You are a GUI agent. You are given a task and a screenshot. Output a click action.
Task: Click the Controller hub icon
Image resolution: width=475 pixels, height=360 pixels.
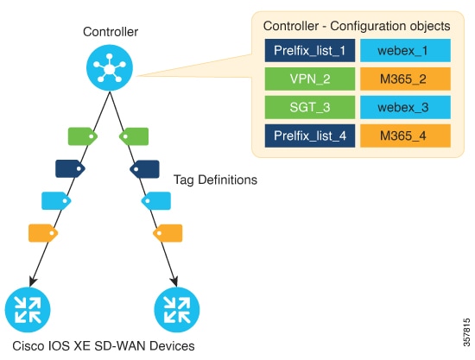pyautogui.click(x=110, y=67)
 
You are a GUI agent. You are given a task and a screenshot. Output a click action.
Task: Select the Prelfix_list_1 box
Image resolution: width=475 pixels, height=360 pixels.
pyautogui.click(x=310, y=50)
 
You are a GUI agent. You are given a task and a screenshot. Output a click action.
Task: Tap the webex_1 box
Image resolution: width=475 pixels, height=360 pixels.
pyautogui.click(x=405, y=50)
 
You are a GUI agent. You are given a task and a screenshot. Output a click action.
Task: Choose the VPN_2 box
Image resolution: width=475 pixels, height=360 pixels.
pyautogui.click(x=310, y=79)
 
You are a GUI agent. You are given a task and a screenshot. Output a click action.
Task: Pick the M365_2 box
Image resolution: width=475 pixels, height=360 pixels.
pyautogui.click(x=405, y=79)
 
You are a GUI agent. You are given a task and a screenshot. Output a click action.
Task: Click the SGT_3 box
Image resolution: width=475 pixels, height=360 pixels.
pyautogui.click(x=310, y=107)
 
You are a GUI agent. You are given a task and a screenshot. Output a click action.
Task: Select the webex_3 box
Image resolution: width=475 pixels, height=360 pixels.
pyautogui.click(x=405, y=107)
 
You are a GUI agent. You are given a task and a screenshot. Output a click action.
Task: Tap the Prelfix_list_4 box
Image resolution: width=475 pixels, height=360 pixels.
pyautogui.click(x=310, y=136)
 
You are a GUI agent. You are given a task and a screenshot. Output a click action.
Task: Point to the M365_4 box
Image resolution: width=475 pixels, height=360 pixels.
pyautogui.click(x=405, y=136)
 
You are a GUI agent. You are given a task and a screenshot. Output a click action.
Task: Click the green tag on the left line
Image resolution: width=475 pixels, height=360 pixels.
pyautogui.click(x=83, y=136)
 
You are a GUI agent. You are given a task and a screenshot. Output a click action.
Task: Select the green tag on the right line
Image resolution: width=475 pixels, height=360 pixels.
pyautogui.click(x=134, y=136)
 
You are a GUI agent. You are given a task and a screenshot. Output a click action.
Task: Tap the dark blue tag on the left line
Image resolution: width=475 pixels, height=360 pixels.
pyautogui.click(x=70, y=168)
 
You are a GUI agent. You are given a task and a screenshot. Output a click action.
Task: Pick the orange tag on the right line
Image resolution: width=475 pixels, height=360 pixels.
pyautogui.click(x=168, y=233)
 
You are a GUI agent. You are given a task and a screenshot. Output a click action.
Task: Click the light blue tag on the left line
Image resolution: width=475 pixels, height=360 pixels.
pyautogui.click(x=56, y=201)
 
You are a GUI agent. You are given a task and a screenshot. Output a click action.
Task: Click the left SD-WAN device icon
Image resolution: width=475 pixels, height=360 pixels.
pyautogui.click(x=28, y=310)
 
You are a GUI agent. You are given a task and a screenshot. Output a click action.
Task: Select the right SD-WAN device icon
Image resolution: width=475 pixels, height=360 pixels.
pyautogui.click(x=177, y=310)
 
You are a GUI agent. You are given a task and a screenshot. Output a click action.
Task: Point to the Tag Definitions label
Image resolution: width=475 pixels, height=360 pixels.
pyautogui.click(x=215, y=180)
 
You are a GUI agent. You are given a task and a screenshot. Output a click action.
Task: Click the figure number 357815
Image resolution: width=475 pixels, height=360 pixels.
pyautogui.click(x=467, y=332)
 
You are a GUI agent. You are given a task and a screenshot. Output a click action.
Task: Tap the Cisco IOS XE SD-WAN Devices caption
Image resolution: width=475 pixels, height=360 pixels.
pyautogui.click(x=104, y=346)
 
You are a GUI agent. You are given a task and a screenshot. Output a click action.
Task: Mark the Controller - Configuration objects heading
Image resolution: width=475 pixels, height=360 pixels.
pyautogui.click(x=357, y=26)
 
